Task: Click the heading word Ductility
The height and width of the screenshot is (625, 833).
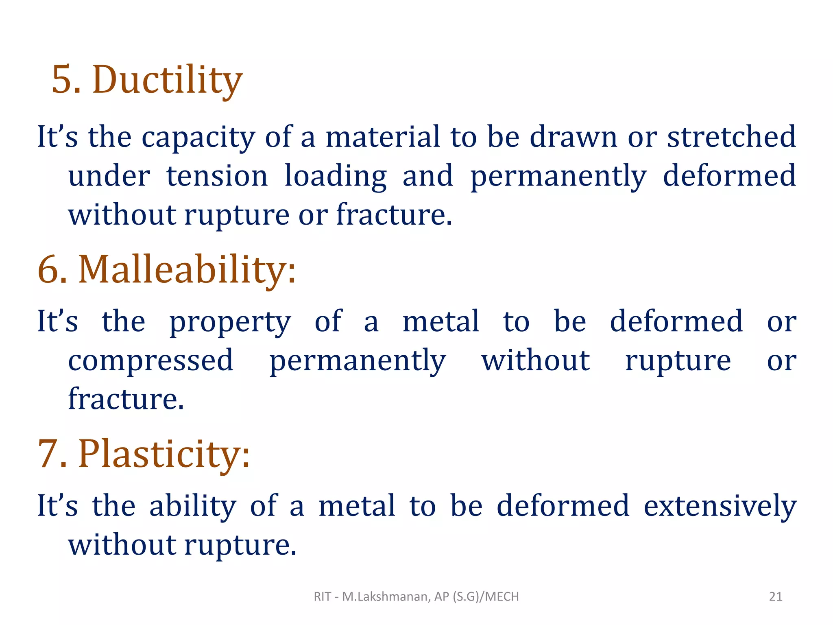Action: pos(168,80)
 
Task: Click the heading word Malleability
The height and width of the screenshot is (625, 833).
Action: pos(187,269)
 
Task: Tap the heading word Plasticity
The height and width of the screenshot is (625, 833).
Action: pos(164,454)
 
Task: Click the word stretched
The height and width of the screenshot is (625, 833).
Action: pos(731,137)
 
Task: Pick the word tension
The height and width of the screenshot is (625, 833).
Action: pos(217,176)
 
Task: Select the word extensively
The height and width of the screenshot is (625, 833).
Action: pos(720,507)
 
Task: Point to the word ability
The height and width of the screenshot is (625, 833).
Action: pos(193,507)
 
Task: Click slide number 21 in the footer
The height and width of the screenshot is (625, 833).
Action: pos(776,597)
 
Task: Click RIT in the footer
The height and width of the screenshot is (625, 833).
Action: pos(322,597)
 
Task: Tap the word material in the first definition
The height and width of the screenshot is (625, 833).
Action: pos(383,137)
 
